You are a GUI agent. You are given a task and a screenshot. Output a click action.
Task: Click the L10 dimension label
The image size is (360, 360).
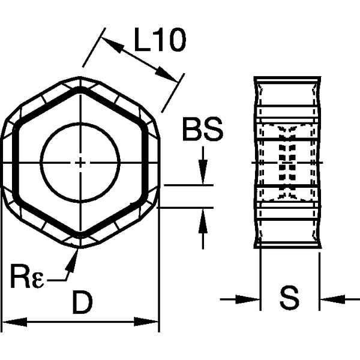(x=159, y=41)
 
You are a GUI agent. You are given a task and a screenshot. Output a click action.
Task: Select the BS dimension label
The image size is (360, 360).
(x=202, y=130)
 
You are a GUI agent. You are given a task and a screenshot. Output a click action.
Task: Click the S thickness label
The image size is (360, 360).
(x=289, y=298)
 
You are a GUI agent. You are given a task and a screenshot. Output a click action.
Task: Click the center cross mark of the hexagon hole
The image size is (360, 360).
(x=80, y=162)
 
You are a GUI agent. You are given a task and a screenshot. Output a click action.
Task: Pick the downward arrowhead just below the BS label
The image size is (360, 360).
(x=203, y=177)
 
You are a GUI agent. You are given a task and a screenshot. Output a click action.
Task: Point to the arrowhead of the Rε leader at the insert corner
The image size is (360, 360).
(x=76, y=255)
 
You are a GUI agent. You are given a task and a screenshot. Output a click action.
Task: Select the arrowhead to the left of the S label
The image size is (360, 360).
(x=251, y=298)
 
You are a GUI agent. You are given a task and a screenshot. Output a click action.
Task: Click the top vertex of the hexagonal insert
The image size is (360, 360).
(x=80, y=78)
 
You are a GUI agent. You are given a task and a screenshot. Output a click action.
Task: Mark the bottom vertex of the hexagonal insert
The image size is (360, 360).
(x=80, y=247)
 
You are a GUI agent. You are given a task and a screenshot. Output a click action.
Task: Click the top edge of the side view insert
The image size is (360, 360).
(x=287, y=78)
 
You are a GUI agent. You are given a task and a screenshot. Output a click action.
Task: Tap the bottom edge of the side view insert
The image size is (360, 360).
(x=287, y=247)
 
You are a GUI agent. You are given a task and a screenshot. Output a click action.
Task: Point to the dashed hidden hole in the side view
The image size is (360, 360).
(x=287, y=162)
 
